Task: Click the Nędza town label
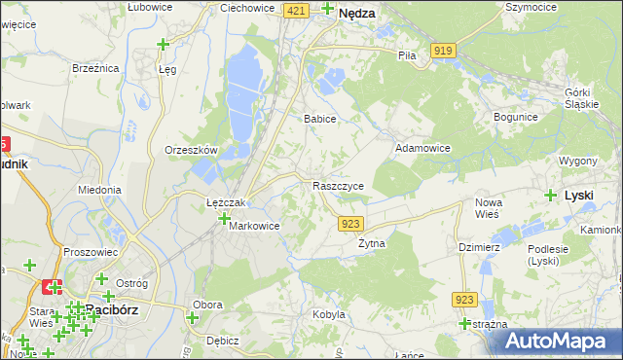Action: point(357,15)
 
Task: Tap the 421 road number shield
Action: point(298,10)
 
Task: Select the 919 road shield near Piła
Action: point(444,50)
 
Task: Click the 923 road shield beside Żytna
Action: point(351,224)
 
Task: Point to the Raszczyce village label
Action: point(339,186)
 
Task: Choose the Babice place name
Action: point(319,119)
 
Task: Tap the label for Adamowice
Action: point(421,148)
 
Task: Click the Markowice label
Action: point(254,226)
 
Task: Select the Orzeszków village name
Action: point(191,150)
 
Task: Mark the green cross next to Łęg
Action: point(163,44)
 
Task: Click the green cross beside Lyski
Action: point(552,195)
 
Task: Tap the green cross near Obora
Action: point(193,317)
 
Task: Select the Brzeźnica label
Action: point(95,68)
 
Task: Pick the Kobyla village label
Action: point(329,314)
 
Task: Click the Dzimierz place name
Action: point(479,247)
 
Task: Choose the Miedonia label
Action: point(99,190)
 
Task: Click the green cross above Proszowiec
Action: point(29,265)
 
